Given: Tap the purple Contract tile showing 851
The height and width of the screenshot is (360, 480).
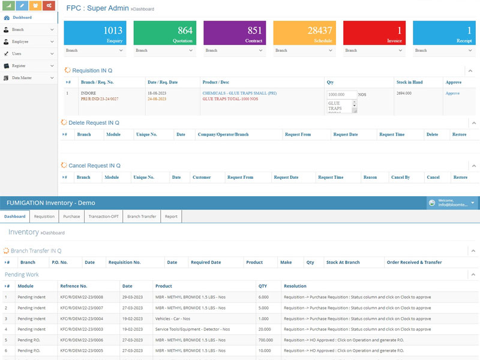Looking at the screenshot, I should tap(234, 33).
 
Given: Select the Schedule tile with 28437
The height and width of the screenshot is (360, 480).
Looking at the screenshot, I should tap(304, 33).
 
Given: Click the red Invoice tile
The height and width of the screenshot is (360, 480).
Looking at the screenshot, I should tap(373, 33).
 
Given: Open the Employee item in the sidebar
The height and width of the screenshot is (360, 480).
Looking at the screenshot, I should tap(20, 41).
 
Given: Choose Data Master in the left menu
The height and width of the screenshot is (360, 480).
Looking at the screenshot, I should tap(22, 77).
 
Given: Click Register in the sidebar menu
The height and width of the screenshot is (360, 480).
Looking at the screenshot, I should tap(19, 65).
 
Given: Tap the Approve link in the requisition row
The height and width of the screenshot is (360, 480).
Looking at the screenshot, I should tap(452, 94).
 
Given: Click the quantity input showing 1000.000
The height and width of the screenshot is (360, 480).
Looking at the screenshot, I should tap(341, 95).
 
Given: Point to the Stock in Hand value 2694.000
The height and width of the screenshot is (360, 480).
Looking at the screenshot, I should tap(404, 94).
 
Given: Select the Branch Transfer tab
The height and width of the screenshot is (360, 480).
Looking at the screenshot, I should tap(142, 217).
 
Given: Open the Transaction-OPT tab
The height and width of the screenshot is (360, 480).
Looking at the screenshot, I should tap(104, 217).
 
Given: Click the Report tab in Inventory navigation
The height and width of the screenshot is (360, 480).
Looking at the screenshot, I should tap(171, 217).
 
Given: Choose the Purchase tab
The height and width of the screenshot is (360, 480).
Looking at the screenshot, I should tap(71, 217).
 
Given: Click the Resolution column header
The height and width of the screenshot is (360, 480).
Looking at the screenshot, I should tap(295, 286).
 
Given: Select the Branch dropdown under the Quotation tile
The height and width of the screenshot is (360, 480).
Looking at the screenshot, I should tap(164, 50).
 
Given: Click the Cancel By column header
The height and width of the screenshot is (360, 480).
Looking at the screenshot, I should tap(400, 178).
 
